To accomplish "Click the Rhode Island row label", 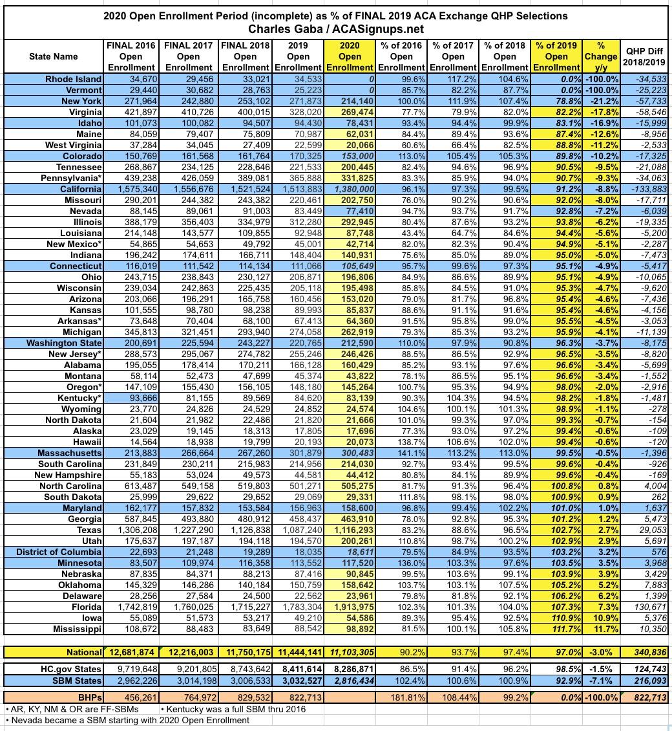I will click(x=73, y=78).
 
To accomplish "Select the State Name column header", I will click(x=54, y=56).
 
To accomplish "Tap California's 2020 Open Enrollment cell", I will click(x=350, y=189).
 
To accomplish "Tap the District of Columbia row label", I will click(x=59, y=552).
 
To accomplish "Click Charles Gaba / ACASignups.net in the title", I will click(x=335, y=28).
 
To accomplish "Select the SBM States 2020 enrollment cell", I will click(x=350, y=681).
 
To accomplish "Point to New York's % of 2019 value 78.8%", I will click(x=557, y=100).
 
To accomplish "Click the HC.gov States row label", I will click(x=69, y=669).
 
